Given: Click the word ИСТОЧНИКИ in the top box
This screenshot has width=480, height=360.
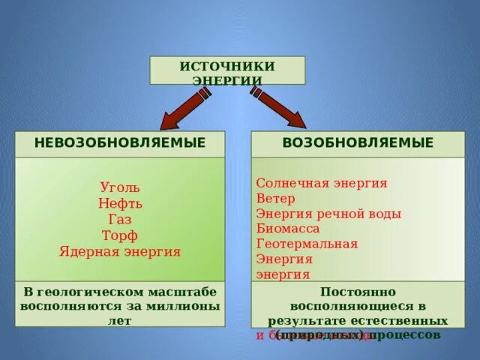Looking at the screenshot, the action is (x=227, y=66).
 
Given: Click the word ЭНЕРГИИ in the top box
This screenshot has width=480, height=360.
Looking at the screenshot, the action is (x=227, y=79).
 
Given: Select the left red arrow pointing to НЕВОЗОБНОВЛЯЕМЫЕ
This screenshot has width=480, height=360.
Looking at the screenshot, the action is (x=184, y=109).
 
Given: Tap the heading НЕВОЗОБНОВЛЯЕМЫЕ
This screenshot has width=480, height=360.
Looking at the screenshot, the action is (x=120, y=142).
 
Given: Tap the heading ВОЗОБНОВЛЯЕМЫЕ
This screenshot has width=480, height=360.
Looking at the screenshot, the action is (x=358, y=142).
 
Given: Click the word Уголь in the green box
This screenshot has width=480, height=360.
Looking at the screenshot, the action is (x=120, y=187).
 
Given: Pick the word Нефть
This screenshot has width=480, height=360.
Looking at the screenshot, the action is (x=120, y=203).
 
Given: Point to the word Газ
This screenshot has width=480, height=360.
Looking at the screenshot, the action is (x=120, y=220).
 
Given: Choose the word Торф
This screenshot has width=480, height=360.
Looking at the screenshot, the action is (x=120, y=235).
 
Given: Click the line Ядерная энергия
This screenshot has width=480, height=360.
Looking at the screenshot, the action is (x=120, y=252).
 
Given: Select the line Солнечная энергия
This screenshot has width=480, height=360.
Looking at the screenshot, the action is (x=322, y=183).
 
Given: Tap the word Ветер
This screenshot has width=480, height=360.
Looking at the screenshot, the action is (x=275, y=199).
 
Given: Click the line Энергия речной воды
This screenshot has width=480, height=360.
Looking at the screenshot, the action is (x=328, y=214).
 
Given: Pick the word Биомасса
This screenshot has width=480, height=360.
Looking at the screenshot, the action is (x=288, y=229).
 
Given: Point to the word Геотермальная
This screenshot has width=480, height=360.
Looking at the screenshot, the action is (x=307, y=244).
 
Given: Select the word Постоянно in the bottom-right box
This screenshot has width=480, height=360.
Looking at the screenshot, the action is (x=358, y=292).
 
